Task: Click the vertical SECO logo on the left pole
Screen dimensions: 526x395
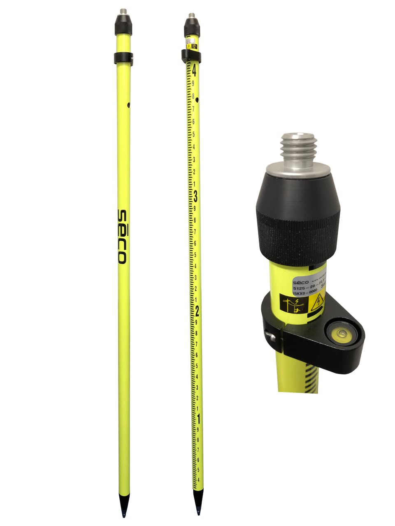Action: point(121,236)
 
